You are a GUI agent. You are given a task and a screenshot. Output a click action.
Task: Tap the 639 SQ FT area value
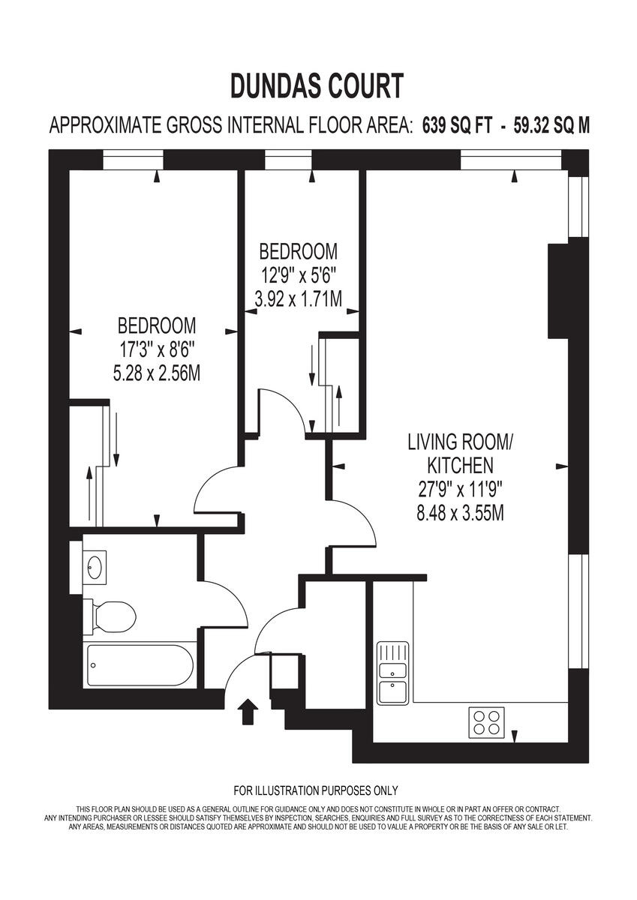pyautogui.click(x=457, y=125)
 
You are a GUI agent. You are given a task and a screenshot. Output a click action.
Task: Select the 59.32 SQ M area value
pyautogui.click(x=551, y=125)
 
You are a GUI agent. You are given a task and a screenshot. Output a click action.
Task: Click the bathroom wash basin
pyautogui.click(x=94, y=566)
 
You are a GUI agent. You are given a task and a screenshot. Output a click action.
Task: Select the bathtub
pyautogui.click(x=140, y=664)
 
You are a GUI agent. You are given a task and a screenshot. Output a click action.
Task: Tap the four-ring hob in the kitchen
pyautogui.click(x=486, y=721)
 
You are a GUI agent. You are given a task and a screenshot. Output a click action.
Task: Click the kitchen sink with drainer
pyautogui.click(x=392, y=673)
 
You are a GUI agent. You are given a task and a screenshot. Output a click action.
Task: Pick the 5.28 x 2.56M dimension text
pyautogui.click(x=157, y=373)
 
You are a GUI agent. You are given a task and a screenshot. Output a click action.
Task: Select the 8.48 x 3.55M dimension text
pyautogui.click(x=460, y=514)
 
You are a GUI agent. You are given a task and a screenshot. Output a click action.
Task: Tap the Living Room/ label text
pyautogui.click(x=460, y=441)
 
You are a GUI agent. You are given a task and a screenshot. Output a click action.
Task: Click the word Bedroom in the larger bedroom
pyautogui.click(x=157, y=325)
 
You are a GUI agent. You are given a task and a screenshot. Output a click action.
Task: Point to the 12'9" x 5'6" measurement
pyautogui.click(x=298, y=274)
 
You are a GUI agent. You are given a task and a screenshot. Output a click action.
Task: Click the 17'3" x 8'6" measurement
pyautogui.click(x=157, y=349)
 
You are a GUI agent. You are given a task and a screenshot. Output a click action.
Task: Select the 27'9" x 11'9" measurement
pyautogui.click(x=460, y=490)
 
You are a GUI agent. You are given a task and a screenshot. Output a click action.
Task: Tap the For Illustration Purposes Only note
pyautogui.click(x=316, y=790)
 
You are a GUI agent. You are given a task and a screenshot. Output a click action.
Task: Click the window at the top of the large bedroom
pyautogui.click(x=133, y=160)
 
